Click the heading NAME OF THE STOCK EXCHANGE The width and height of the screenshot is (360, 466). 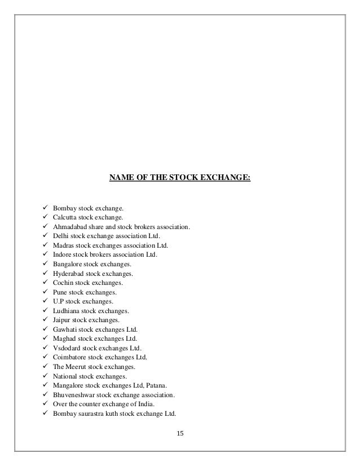point(180,179)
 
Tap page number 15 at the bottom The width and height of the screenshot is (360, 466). point(180,433)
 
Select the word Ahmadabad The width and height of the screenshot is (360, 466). point(70,227)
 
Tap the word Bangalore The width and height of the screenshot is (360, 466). point(67,264)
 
